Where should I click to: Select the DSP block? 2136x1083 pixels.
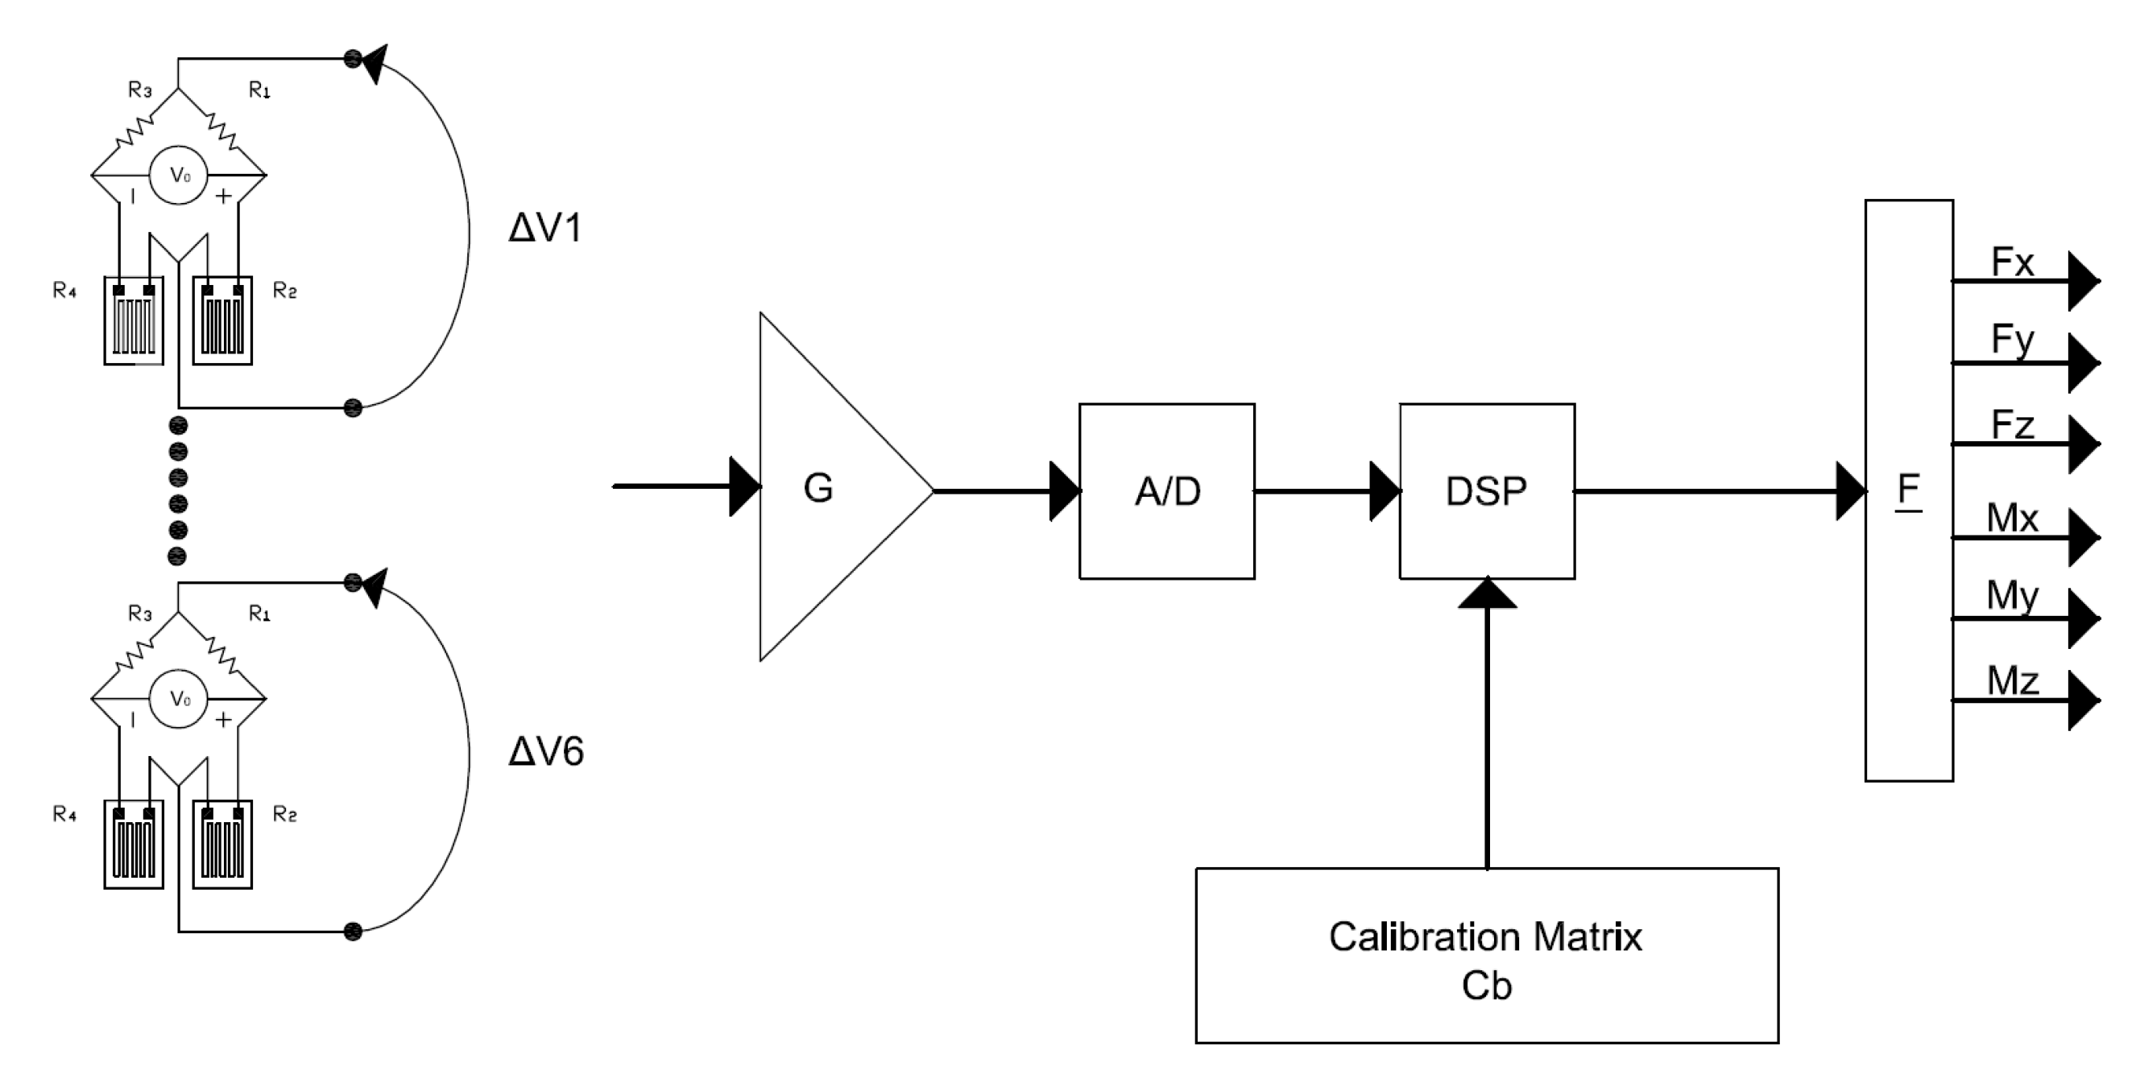pos(1486,491)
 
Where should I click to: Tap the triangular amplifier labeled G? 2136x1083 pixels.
pos(830,488)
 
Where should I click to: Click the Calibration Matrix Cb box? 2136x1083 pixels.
pos(1486,960)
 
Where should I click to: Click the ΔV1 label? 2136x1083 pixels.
pos(544,228)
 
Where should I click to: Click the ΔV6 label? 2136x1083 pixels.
pos(544,751)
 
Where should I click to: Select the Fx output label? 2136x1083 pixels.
pos(2012,262)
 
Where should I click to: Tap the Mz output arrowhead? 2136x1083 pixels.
pos(2083,701)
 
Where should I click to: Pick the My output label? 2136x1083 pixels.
pos(2012,596)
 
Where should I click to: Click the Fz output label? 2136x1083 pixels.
pos(2012,425)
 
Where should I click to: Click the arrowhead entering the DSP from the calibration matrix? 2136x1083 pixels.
pos(1487,593)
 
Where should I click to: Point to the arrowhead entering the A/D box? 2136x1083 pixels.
pos(1065,491)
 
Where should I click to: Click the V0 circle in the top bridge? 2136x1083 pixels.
pos(178,175)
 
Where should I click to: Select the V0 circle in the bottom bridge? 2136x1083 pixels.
pos(178,699)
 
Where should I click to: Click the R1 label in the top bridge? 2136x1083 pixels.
pos(259,89)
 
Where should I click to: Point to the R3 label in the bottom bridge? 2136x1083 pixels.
pos(139,614)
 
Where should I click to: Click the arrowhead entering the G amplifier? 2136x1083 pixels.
pos(744,487)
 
